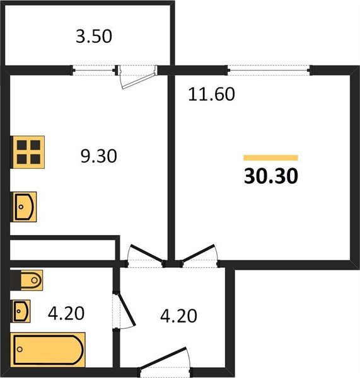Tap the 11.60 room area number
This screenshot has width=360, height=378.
point(211,95)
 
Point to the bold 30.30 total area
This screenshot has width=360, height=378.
point(270,176)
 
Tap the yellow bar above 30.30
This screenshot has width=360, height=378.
point(270,157)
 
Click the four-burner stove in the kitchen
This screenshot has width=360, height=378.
point(28,152)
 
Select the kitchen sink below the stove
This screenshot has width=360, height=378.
point(25,206)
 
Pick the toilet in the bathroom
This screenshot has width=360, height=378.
point(28,278)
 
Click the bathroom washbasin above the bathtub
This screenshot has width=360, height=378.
point(23,310)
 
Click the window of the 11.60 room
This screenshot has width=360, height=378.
point(268,69)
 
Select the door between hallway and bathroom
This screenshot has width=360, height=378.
point(124,309)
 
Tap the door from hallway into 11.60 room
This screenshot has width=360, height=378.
point(199,255)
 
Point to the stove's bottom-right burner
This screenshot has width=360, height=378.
point(35,159)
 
